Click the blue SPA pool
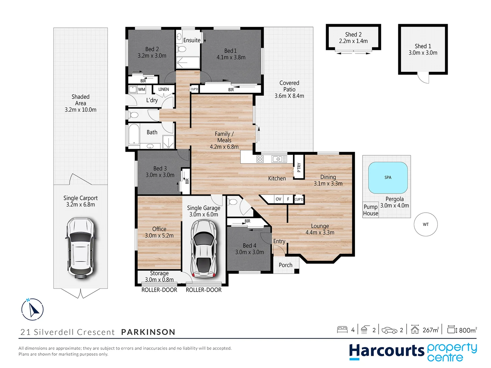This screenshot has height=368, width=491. [388, 178]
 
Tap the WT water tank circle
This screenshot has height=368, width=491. [426, 224]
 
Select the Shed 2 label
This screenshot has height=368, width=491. [353, 34]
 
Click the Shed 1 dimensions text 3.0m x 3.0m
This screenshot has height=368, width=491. [423, 53]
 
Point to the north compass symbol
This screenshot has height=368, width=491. [32, 309]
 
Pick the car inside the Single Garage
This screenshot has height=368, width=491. [204, 249]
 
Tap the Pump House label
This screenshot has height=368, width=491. [370, 210]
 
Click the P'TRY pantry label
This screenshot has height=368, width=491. [299, 167]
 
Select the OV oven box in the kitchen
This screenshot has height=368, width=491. [279, 199]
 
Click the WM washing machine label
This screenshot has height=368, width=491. [142, 90]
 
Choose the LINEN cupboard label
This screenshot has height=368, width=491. [164, 89]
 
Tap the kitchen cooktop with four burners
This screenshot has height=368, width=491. [260, 159]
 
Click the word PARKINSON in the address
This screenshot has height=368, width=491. [148, 332]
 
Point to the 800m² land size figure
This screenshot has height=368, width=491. [467, 330]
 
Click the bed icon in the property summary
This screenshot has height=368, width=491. [342, 329]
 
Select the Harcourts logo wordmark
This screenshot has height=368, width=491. [387, 351]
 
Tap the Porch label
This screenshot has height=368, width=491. [285, 265]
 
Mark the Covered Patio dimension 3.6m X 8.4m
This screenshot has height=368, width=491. [289, 96]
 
